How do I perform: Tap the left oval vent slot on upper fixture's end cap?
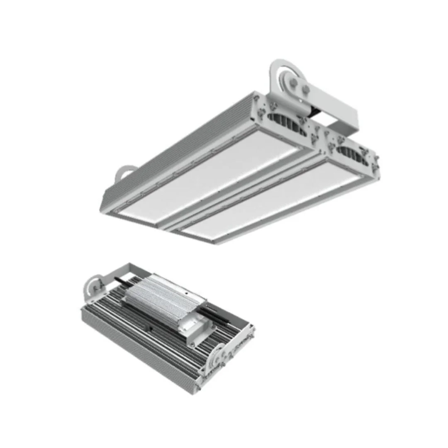pos(287,123)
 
